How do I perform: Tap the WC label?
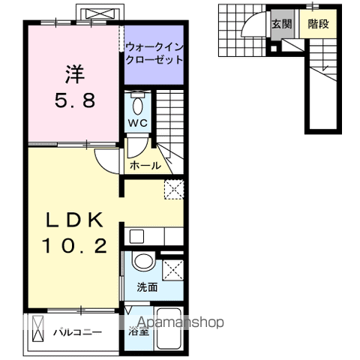click(x=136, y=123)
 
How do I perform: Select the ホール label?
click(x=145, y=165)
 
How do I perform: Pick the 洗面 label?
click(x=146, y=286)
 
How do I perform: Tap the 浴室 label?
click(x=137, y=330)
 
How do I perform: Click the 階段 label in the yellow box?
click(x=318, y=24)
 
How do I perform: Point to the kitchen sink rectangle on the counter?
click(x=136, y=235)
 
